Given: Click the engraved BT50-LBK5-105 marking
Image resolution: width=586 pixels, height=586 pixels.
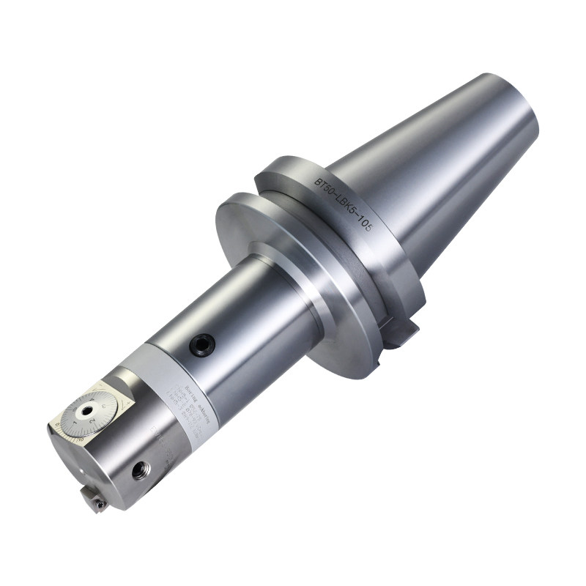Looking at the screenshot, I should click(x=344, y=204).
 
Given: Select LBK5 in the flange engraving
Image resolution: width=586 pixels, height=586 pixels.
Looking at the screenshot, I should click(x=344, y=204).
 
